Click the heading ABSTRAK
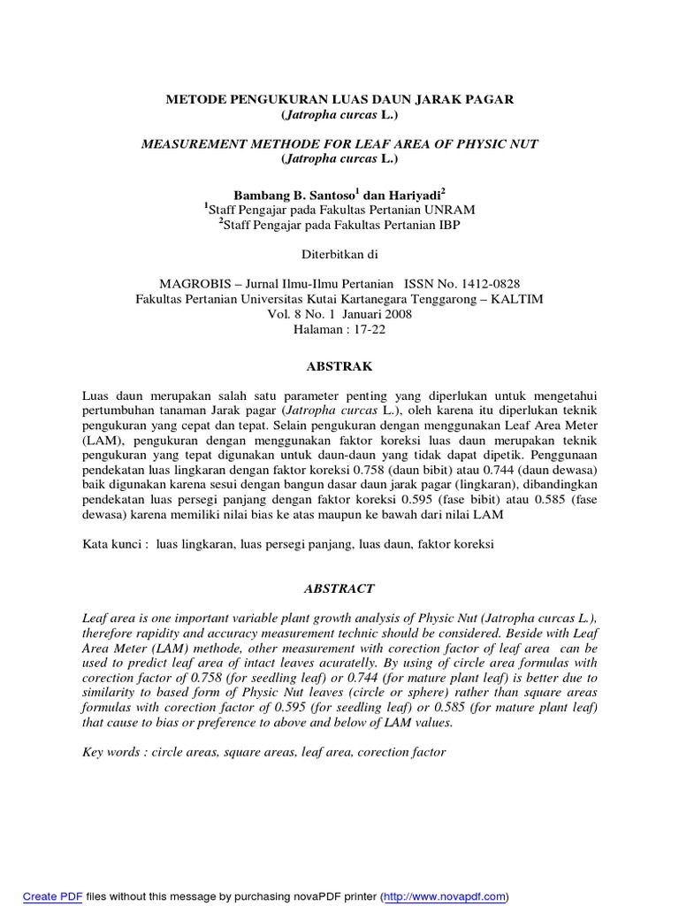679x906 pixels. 339,365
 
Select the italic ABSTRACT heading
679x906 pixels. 339,588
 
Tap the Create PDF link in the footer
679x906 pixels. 52,895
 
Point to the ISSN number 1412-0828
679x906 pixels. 485,283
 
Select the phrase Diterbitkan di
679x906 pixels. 339,255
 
